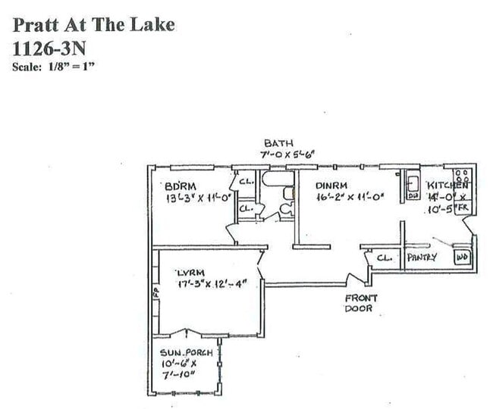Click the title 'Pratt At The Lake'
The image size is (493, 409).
point(93,24)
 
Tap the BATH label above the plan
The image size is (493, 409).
point(278,142)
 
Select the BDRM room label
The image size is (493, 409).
point(181,186)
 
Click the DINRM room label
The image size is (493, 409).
point(331,185)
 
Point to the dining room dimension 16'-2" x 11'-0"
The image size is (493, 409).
point(350,198)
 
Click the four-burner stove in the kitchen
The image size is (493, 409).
point(461,174)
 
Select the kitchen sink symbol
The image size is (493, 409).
point(413,184)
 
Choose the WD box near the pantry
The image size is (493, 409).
point(461,257)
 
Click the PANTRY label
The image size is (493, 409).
point(422,258)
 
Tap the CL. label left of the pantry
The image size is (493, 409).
point(385,258)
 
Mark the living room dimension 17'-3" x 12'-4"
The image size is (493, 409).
point(220,284)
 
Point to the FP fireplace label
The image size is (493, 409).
point(155,291)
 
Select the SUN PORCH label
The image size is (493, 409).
point(178,352)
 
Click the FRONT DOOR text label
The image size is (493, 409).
point(360,304)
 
